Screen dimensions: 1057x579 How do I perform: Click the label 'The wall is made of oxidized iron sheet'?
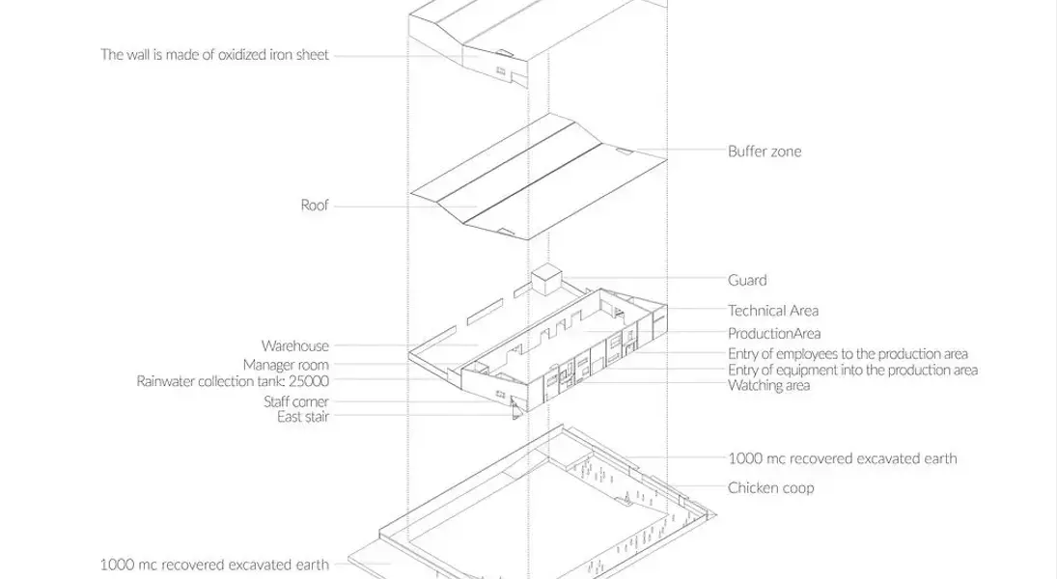point(214,55)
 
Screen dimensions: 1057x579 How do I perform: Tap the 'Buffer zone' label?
point(765,151)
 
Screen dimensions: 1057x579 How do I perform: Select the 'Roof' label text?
point(314,205)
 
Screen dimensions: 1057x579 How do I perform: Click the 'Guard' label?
point(747,280)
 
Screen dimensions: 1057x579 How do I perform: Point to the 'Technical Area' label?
point(773,311)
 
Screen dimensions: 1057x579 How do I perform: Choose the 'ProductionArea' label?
point(774,333)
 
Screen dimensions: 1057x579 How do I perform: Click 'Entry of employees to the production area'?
point(848,354)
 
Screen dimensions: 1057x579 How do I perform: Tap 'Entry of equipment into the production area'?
point(852,370)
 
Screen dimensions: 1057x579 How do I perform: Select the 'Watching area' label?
point(768,386)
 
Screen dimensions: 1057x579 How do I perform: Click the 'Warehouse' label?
point(295,345)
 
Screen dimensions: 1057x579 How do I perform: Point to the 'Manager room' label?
point(286,365)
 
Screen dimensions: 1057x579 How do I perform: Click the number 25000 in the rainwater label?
point(309,381)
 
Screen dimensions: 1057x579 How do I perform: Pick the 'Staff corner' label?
point(296,401)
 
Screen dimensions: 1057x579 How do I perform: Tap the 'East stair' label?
point(303,417)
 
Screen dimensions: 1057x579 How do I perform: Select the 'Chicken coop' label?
point(770,488)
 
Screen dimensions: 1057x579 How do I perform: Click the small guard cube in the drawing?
point(546,279)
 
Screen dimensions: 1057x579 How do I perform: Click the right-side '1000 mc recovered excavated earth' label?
point(842,458)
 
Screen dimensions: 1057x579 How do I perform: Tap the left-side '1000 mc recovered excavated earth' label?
point(214,565)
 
